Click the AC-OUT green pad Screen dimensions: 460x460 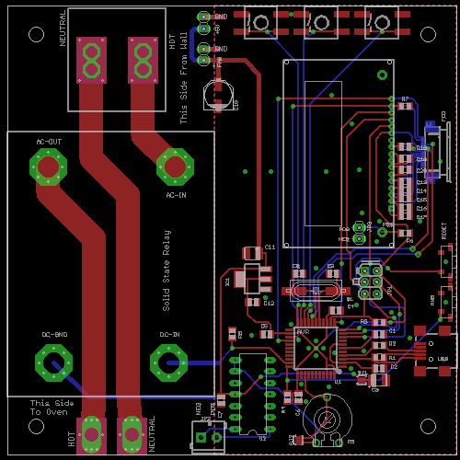49,167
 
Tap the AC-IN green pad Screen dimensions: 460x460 175,166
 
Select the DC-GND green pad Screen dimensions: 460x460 54,362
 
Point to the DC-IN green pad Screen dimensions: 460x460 168,362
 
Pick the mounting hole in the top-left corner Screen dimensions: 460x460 36,34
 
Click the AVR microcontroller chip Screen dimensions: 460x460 315,348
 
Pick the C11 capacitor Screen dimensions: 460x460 251,253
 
